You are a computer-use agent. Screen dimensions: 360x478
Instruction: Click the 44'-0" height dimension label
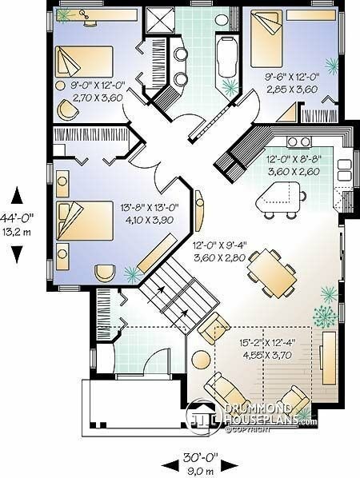pyautogui.click(x=17, y=218)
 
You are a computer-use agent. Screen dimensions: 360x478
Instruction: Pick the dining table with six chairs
pyautogui.click(x=271, y=273)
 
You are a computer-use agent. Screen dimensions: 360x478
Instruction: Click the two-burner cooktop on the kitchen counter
pyautogui.click(x=299, y=141)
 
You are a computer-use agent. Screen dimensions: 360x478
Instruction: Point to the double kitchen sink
pyautogui.click(x=344, y=170)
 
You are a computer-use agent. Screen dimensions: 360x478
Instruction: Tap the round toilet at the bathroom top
pyautogui.click(x=222, y=20)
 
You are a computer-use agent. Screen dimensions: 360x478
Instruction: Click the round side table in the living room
pyautogui.click(x=201, y=360)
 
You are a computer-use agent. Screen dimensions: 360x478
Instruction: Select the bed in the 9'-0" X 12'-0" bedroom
pyautogui.click(x=84, y=62)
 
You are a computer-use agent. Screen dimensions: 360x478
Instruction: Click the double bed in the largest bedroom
pyautogui.click(x=85, y=221)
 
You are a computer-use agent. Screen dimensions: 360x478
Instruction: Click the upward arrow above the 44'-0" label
pyautogui.click(x=17, y=195)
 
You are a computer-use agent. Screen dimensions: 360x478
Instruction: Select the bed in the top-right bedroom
pyautogui.click(x=266, y=38)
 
